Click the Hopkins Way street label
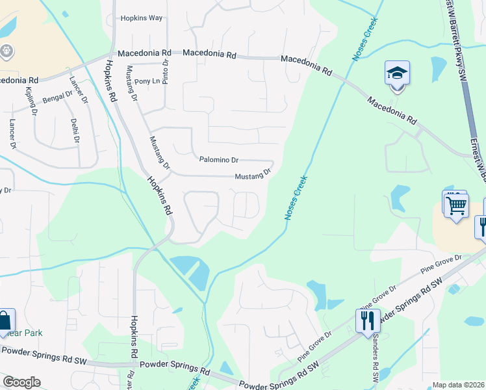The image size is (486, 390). (x=141, y=18)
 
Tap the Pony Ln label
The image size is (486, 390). (x=147, y=81)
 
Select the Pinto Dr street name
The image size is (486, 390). (x=166, y=70)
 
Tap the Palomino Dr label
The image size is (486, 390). (x=219, y=159)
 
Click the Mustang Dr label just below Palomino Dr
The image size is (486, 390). (x=252, y=175)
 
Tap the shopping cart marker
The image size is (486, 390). (x=457, y=205)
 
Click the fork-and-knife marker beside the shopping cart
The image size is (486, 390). (x=481, y=227)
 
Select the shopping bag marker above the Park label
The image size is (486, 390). (x=5, y=320)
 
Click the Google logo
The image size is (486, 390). (x=21, y=382)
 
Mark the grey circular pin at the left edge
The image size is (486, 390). (x=7, y=50)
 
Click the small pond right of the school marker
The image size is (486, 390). (x=439, y=68)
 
